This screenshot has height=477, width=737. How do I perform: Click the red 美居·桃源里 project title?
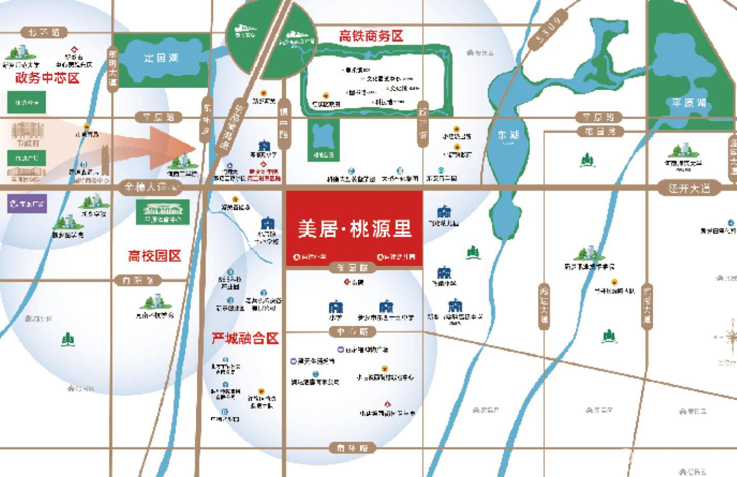(x=354, y=229)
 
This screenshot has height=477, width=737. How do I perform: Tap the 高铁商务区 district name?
(x=371, y=36)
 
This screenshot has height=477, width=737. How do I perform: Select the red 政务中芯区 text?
(x=47, y=78)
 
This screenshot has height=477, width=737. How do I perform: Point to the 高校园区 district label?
(x=154, y=256)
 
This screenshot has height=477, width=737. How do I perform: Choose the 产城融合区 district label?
(x=245, y=338)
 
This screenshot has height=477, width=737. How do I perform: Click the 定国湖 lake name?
(x=161, y=58)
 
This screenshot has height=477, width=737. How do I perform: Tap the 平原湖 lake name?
(x=689, y=103)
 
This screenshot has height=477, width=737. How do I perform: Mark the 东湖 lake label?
(x=508, y=135)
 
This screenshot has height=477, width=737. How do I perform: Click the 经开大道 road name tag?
(x=689, y=188)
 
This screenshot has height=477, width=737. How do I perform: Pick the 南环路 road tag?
(x=353, y=448)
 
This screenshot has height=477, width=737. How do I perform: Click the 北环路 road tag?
(x=44, y=32)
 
